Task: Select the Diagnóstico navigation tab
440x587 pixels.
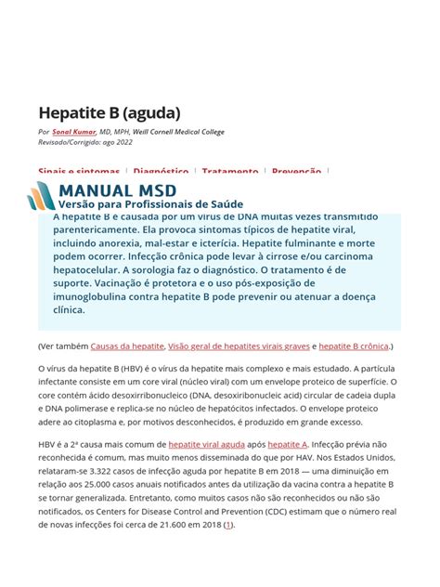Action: pos(161,172)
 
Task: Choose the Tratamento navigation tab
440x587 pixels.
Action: pos(230,172)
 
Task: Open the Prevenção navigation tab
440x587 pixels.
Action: pos(296,172)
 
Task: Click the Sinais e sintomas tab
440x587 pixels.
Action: pos(79,172)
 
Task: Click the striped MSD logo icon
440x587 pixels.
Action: pos(41,195)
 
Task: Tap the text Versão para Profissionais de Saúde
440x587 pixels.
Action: pos(150,203)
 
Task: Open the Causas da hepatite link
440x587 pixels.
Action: pos(127,346)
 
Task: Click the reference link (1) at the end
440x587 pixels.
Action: pos(229,524)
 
